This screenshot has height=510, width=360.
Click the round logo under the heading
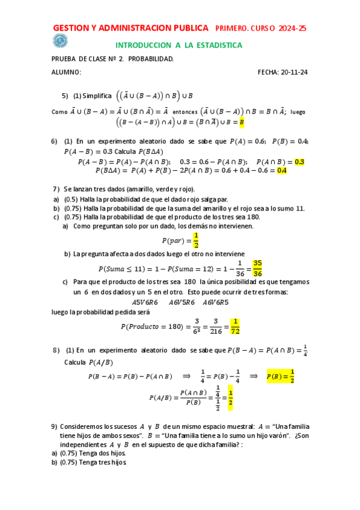click(60, 40)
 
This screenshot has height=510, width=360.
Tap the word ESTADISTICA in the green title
click(214, 45)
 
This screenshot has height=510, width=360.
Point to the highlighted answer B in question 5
click(241, 122)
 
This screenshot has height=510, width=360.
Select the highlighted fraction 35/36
click(257, 268)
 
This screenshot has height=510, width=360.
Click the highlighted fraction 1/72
click(235, 326)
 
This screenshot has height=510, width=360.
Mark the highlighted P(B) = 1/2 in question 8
click(280, 376)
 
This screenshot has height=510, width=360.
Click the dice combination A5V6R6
click(145, 302)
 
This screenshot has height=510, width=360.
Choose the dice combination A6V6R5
click(215, 302)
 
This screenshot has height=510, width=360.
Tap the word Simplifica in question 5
click(97, 96)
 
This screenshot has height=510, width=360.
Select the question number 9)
click(55, 426)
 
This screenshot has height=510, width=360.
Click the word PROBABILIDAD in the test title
click(149, 59)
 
